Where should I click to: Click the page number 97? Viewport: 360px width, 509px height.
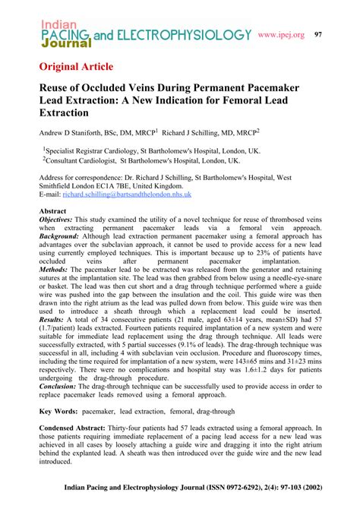(339, 35)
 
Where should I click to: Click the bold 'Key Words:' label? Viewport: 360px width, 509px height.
(59, 410)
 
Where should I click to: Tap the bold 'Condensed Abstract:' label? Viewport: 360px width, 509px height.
(78, 428)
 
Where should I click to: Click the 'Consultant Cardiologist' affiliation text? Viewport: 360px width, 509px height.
(83, 161)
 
